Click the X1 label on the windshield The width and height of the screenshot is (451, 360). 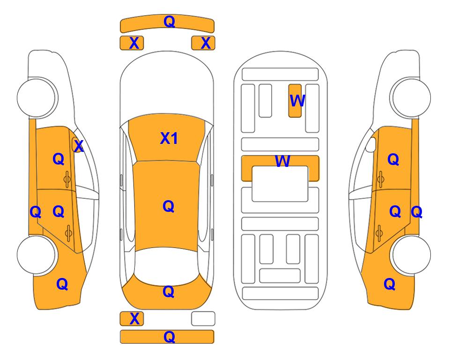(169, 138)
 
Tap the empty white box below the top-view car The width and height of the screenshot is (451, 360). (203, 319)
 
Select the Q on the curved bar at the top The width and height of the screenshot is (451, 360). (169, 21)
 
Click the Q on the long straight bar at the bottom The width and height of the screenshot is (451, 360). (169, 337)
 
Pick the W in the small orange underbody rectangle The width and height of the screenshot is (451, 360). (297, 100)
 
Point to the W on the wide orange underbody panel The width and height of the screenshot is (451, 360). (282, 161)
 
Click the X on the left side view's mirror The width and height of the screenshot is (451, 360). (78, 146)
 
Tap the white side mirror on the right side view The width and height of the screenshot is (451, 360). (371, 145)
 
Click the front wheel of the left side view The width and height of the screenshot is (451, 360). (37, 97)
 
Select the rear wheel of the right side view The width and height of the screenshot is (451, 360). (411, 255)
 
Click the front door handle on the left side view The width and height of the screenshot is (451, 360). (67, 179)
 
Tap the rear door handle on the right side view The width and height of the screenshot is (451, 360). (379, 233)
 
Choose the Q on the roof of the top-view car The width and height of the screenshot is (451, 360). (168, 206)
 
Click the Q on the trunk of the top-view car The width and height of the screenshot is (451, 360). (168, 292)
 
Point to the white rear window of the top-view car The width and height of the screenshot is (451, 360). (167, 265)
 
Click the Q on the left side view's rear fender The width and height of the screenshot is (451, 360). (62, 284)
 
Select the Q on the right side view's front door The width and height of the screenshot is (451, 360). (393, 159)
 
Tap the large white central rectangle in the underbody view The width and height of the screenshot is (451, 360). (280, 184)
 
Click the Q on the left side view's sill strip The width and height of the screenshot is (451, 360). (36, 212)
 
